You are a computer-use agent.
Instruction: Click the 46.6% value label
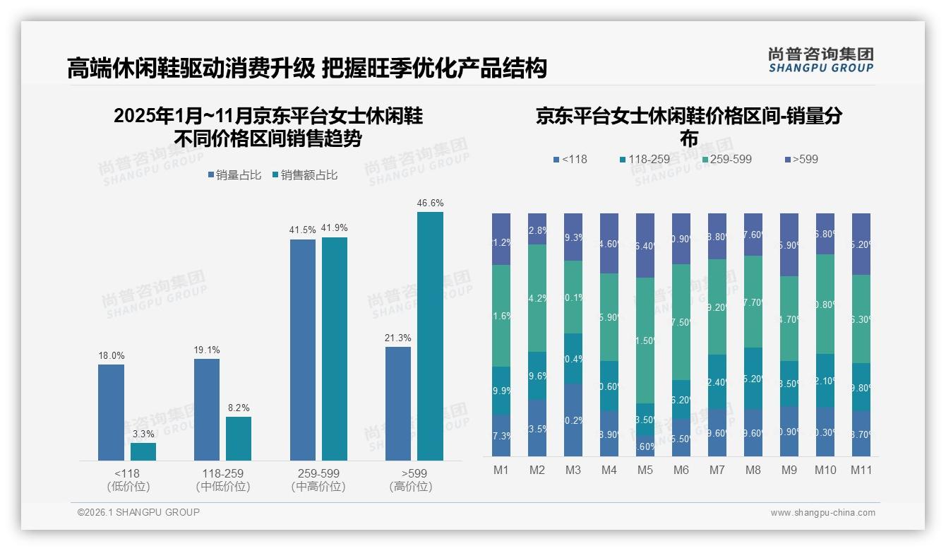point(430,203)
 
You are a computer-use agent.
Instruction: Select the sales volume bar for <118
point(111,412)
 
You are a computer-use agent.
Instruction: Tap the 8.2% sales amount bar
point(239,439)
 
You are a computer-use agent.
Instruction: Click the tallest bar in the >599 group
point(430,336)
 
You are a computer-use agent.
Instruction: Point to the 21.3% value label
point(398,338)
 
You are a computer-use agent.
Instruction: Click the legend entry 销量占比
point(235,174)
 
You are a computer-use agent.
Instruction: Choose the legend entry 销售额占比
point(304,174)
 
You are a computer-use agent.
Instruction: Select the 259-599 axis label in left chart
point(318,473)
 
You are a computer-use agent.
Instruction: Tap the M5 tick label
point(645,470)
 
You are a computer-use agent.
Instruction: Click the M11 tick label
point(861,470)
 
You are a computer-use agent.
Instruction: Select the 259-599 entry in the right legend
point(724,159)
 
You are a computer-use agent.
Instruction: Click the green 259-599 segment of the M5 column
point(645,340)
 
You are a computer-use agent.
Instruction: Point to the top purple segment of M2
point(537,229)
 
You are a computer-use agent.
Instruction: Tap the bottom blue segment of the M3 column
point(573,420)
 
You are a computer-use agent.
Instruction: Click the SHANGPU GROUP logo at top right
point(820,60)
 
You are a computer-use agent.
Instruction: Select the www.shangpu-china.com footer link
point(822,513)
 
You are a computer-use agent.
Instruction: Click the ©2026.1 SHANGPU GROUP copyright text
point(138,512)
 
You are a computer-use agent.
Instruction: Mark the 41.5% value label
point(302,230)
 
